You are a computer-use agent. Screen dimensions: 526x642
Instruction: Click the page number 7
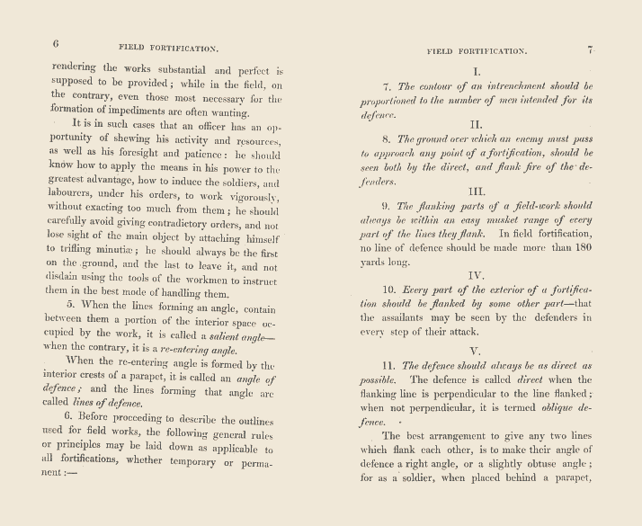pyautogui.click(x=591, y=50)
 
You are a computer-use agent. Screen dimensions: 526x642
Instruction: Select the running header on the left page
pyautogui.click(x=169, y=46)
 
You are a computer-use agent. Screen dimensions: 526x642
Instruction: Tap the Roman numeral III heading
pyautogui.click(x=477, y=192)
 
